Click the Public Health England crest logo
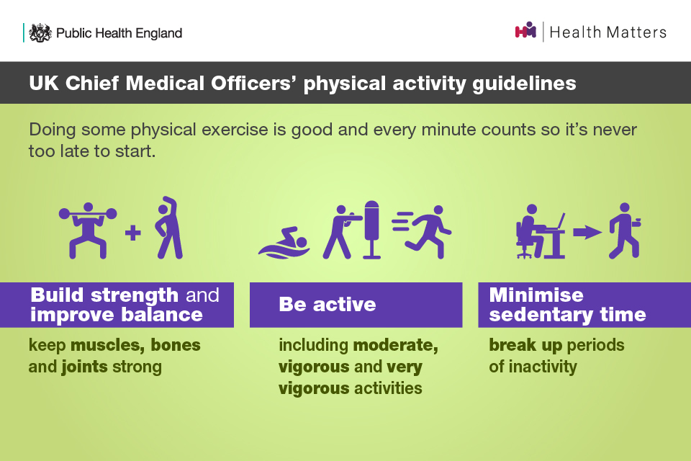pyautogui.click(x=40, y=32)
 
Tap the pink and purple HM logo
pyautogui.click(x=525, y=30)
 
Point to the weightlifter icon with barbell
pyautogui.click(x=88, y=230)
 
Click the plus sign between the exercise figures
pyautogui.click(x=132, y=233)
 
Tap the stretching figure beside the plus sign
pyautogui.click(x=168, y=228)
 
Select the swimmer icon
pyautogui.click(x=284, y=243)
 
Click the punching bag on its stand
pyautogui.click(x=371, y=229)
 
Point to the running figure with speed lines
pyautogui.click(x=423, y=231)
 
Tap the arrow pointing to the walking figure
pyautogui.click(x=587, y=232)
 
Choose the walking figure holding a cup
pyautogui.click(x=625, y=230)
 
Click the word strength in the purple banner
pyautogui.click(x=135, y=295)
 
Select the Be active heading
pyautogui.click(x=328, y=305)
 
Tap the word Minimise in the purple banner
pyautogui.click(x=536, y=295)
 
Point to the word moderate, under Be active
pyautogui.click(x=396, y=345)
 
